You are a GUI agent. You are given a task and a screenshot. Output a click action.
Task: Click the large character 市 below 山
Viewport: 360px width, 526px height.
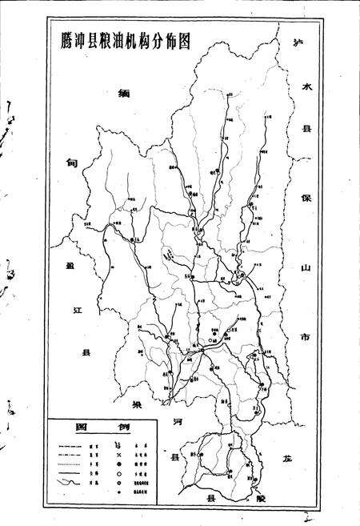point(304,338)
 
